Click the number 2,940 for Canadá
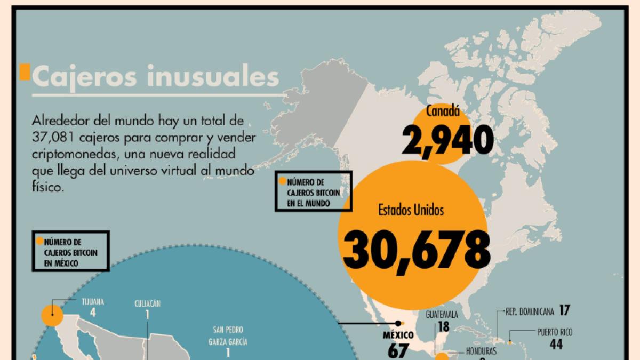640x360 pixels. pyautogui.click(x=447, y=140)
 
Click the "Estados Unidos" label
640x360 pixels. pyautogui.click(x=411, y=210)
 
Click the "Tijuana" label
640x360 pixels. pyautogui.click(x=93, y=301)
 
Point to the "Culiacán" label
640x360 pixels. pyautogui.click(x=147, y=304)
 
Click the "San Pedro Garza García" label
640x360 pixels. pyautogui.click(x=228, y=335)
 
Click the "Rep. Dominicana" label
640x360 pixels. pyautogui.click(x=530, y=310)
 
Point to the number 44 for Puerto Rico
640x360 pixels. pyautogui.click(x=556, y=345)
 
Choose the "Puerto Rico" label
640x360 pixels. pyautogui.click(x=555, y=332)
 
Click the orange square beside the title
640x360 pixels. pyautogui.click(x=24, y=73)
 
